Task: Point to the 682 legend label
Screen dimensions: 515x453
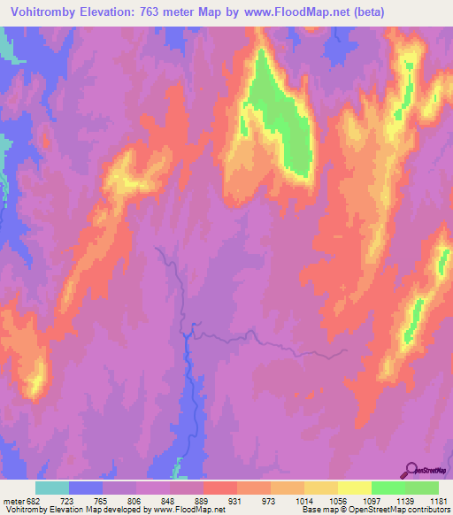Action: pos(35,500)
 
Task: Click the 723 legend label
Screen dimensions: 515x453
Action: pos(66,500)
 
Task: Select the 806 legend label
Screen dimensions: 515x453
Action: pos(134,500)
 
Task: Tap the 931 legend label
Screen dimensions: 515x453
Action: pos(235,500)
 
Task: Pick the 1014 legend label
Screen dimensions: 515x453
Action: pos(303,500)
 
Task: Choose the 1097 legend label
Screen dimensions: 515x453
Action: pos(370,500)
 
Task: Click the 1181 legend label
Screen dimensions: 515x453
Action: pos(438,500)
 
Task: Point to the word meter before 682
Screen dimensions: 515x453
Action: pos(13,500)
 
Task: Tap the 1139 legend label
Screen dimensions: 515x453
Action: pos(404,500)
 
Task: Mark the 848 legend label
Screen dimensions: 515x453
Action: pos(167,500)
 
